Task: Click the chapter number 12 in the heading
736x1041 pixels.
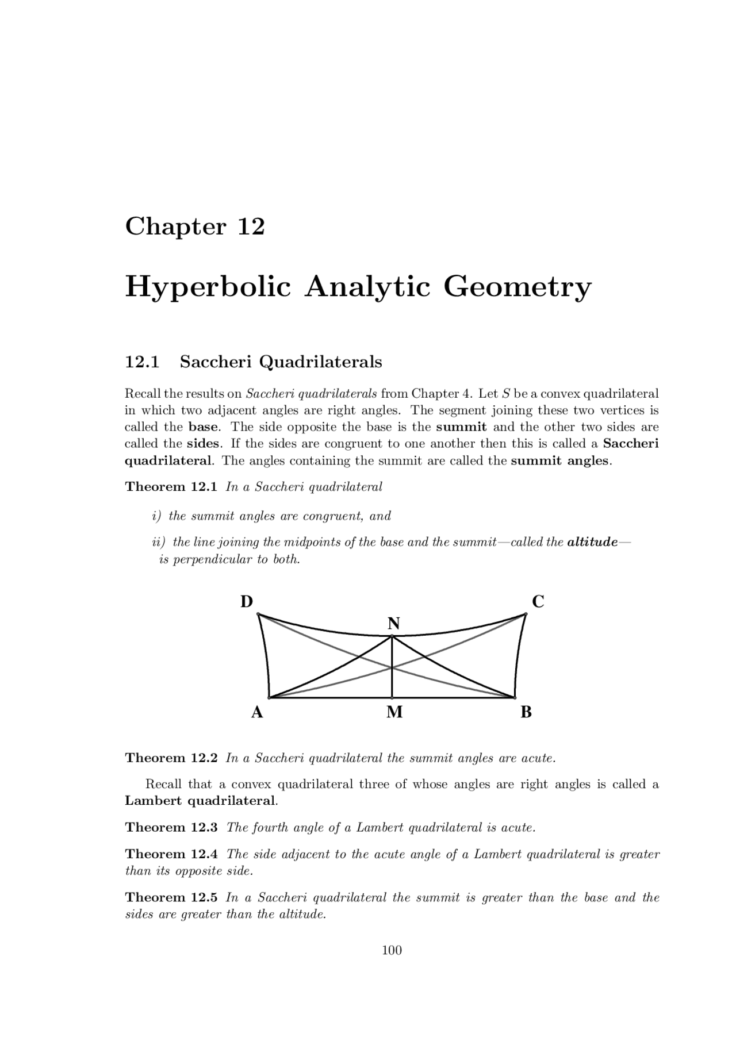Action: tap(251, 226)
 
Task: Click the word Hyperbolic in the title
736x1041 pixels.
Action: tap(208, 287)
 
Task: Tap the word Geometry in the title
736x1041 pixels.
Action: tap(516, 287)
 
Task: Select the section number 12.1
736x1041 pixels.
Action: tap(142, 362)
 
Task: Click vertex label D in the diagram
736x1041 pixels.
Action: tap(246, 602)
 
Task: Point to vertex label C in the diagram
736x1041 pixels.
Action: tap(538, 602)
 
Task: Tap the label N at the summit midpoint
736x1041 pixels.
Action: tap(394, 624)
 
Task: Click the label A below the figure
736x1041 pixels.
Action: tap(257, 713)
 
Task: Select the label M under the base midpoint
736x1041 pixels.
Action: tap(394, 713)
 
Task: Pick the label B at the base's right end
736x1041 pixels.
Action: tap(526, 713)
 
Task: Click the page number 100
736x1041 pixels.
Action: tap(392, 950)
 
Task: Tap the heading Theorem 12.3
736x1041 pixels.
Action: tap(171, 828)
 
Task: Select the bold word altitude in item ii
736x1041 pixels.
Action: tap(592, 543)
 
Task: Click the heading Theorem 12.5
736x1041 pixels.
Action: tap(171, 898)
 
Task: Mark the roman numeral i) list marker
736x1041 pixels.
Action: tap(156, 516)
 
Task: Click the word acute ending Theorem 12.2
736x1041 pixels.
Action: tap(538, 758)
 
